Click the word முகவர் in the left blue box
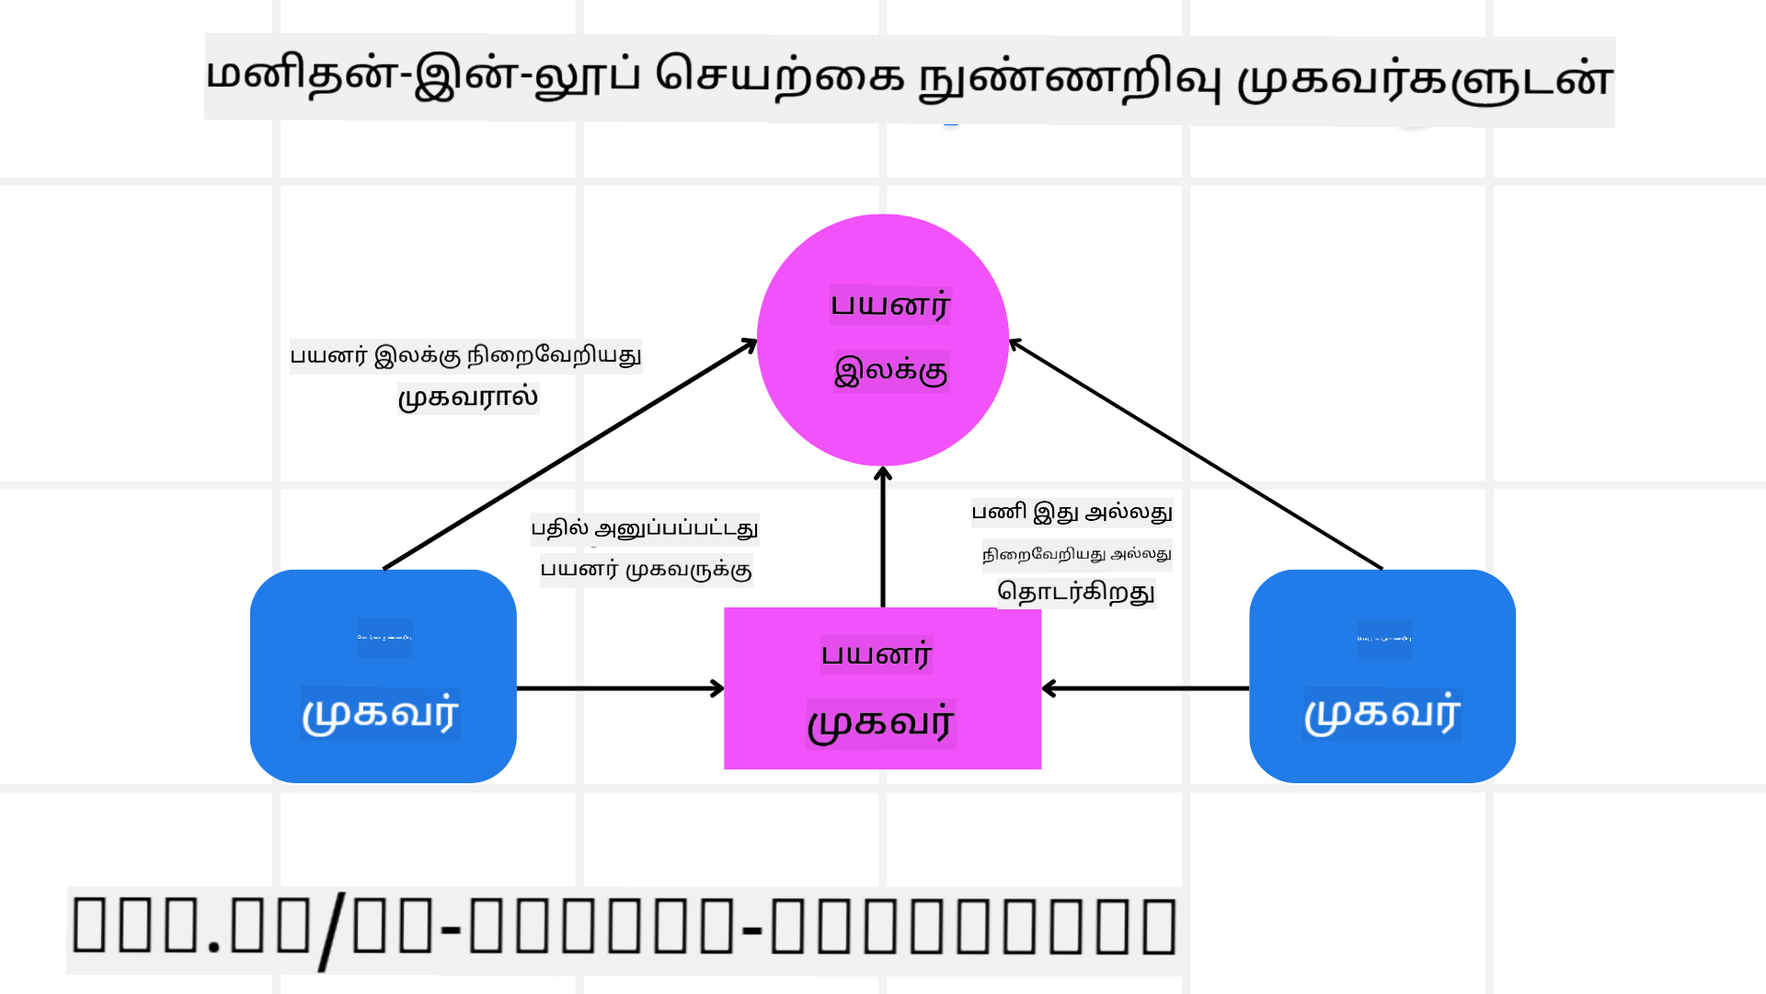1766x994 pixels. pos(381,714)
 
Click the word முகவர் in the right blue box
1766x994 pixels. pos(1382,714)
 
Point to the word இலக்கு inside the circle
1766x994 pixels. pos(890,371)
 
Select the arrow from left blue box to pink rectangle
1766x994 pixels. pos(620,688)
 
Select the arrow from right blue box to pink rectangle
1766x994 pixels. pos(1145,688)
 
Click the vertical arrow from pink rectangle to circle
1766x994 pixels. pos(883,538)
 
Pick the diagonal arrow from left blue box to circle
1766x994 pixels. pos(570,455)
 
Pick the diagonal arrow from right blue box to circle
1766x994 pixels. pos(1196,455)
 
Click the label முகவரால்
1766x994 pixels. pos(468,398)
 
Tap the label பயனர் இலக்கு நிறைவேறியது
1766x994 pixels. pos(465,355)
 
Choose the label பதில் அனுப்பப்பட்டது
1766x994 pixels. pos(645,528)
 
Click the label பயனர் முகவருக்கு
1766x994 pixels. pos(646,570)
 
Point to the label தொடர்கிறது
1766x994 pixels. pos(1076,592)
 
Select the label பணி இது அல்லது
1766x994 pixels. pos(1072,513)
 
